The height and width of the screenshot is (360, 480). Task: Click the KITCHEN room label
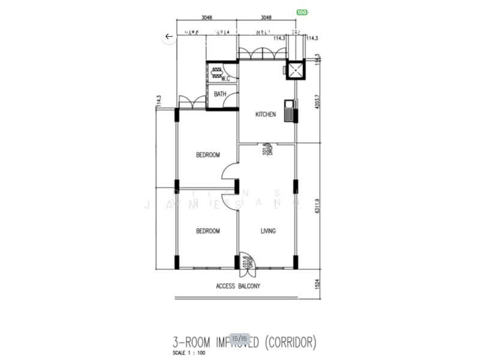[266, 115]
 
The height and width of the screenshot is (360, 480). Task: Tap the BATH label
[220, 94]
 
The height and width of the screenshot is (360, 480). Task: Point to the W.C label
[227, 79]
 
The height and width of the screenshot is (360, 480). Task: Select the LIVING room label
[268, 231]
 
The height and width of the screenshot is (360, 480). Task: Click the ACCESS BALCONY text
[238, 286]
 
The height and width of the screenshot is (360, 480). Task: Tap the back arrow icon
[169, 37]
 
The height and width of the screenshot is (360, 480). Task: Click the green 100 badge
[302, 12]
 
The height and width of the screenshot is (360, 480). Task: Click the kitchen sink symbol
[291, 112]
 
